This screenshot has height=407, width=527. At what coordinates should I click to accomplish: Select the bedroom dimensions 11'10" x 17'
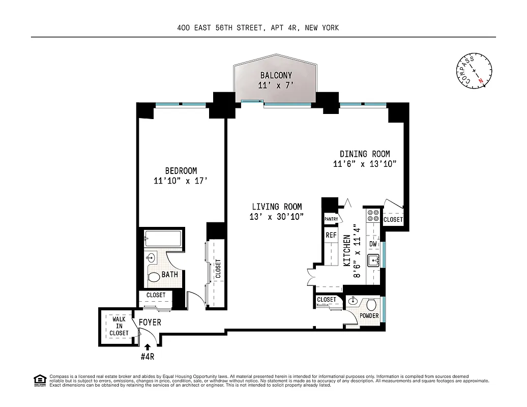pos(180,181)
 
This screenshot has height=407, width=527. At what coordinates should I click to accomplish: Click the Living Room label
pos(277,207)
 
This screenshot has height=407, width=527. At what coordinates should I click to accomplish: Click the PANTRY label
pos(331,219)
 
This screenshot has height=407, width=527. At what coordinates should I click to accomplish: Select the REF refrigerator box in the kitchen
pos(331,235)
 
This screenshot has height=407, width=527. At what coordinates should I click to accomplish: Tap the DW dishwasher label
pos(373,244)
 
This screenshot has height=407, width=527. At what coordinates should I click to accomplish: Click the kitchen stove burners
pos(373,216)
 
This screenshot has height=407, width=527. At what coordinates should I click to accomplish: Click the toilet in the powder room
pos(372,305)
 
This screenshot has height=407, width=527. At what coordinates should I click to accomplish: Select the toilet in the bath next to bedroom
pos(153,278)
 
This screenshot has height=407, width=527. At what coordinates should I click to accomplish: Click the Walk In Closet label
pos(119,326)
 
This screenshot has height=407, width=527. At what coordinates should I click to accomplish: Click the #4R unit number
pos(148,356)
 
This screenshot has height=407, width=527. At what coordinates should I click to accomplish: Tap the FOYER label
pos(150,322)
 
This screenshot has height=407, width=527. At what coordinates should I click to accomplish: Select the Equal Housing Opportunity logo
pos(39,380)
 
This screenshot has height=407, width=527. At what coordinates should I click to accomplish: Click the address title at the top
pos(262,28)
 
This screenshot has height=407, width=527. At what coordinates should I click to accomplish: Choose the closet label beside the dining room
pos(393,220)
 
